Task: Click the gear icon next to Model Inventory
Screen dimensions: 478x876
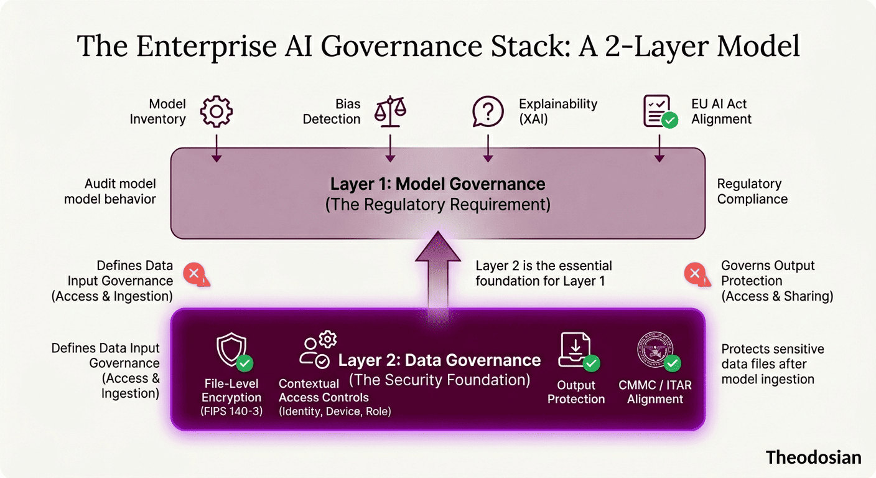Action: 216,111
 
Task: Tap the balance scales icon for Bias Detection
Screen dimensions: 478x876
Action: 390,111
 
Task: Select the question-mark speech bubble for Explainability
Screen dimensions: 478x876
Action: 488,111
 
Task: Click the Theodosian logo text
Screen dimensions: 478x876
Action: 813,457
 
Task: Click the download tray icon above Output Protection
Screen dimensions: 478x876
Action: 575,350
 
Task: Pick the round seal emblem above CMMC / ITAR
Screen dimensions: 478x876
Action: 655,350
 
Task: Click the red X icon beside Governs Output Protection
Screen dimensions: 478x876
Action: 694,274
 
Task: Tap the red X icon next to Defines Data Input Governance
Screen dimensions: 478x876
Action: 195,274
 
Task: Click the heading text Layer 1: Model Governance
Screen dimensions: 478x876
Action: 437,184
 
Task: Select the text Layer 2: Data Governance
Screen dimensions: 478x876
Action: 439,360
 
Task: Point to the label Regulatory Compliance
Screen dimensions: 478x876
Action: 752,192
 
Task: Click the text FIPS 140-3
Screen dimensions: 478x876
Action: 231,411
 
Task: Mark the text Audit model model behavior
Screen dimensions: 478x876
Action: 110,192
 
